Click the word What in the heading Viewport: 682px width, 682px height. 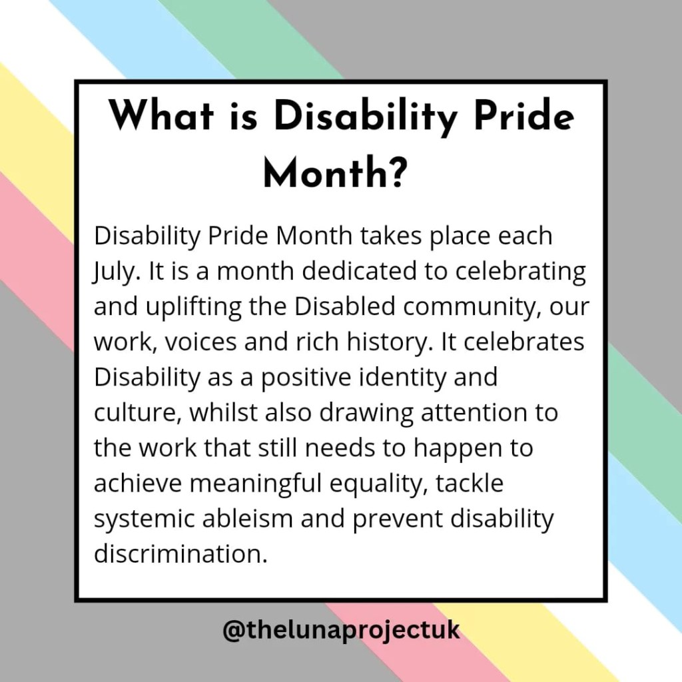coord(161,116)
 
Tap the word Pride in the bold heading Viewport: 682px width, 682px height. coord(523,116)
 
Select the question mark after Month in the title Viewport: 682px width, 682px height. coord(396,172)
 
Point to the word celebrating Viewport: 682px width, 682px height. coord(521,272)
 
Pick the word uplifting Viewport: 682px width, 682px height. coord(193,307)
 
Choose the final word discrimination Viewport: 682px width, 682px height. coord(180,554)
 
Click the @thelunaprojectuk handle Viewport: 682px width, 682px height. coord(341,630)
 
